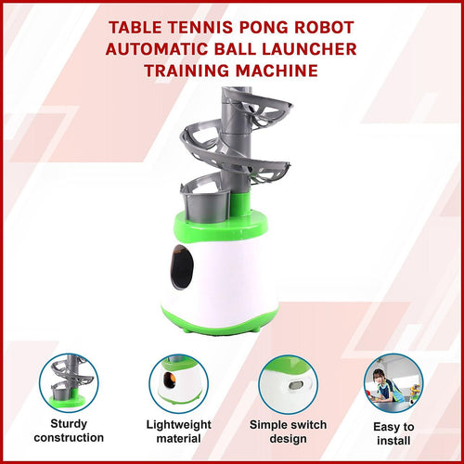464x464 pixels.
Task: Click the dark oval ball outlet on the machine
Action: tap(183, 269)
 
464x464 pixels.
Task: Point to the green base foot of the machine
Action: tap(223, 327)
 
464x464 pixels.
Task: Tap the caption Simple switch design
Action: tap(287, 431)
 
